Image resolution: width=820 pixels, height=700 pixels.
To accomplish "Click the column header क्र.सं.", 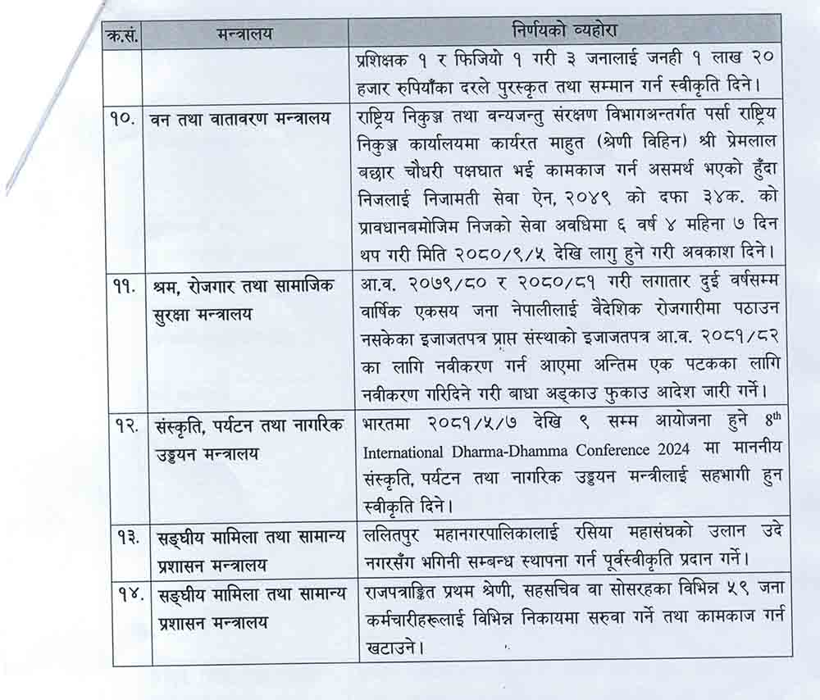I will pyautogui.click(x=119, y=34).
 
